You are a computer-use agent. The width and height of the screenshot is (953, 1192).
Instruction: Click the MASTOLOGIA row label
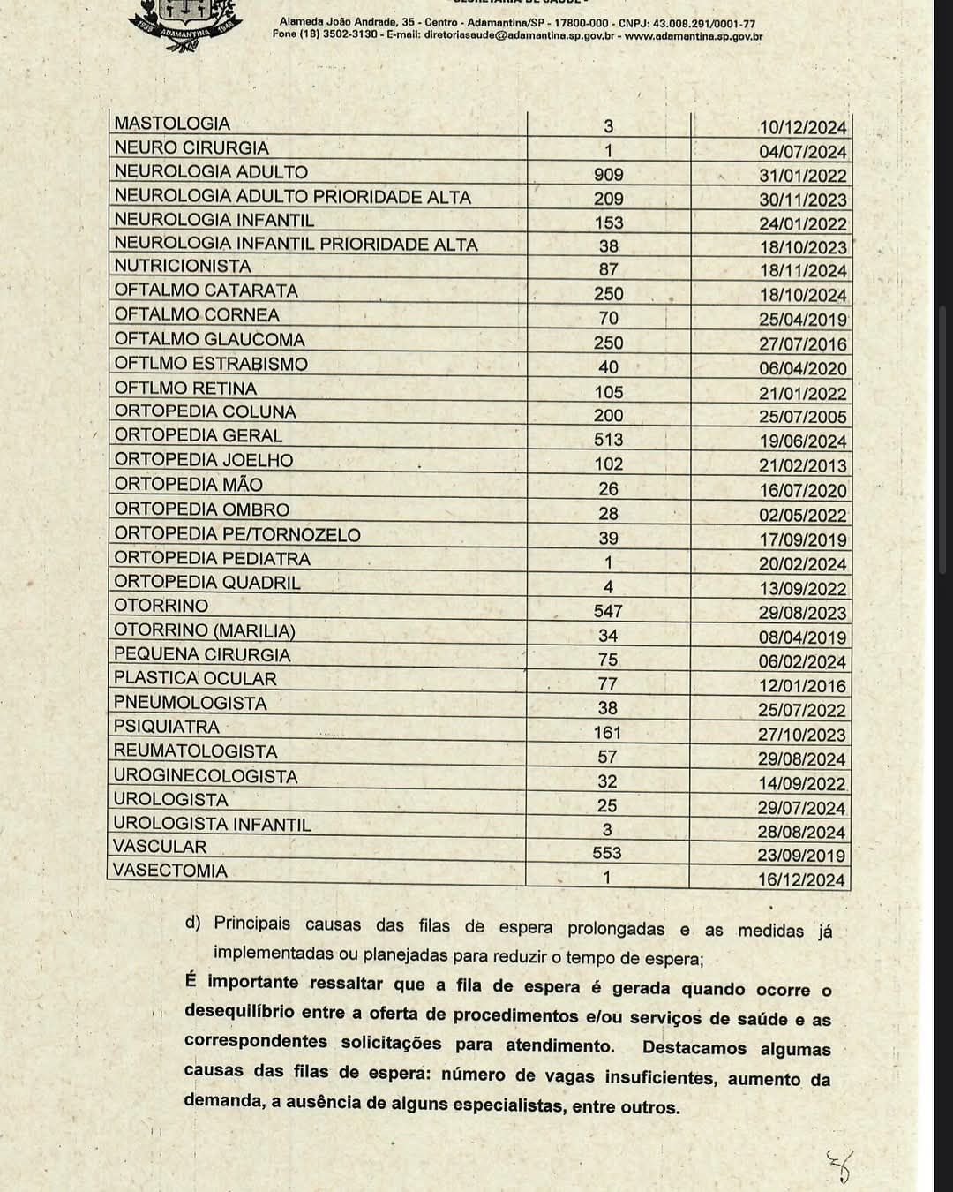[x=172, y=124]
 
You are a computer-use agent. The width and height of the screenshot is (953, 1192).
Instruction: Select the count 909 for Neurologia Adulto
[x=608, y=175]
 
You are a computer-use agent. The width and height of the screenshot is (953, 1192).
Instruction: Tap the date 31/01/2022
[x=802, y=176]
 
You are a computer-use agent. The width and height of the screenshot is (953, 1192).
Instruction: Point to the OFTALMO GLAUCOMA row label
[x=209, y=339]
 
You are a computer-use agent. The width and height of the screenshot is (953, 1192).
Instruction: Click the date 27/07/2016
[x=802, y=344]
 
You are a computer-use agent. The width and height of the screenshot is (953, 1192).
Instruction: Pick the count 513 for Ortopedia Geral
[x=608, y=440]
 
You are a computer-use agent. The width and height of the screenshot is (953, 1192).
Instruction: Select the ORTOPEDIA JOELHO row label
[x=203, y=460]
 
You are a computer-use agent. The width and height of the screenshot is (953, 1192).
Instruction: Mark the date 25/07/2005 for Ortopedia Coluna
[x=802, y=417]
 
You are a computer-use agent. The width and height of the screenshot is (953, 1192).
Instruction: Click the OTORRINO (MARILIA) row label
[x=204, y=630]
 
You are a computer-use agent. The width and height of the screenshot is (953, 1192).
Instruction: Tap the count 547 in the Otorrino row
[x=608, y=611]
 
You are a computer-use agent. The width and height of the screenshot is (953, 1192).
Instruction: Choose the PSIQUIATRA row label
[x=166, y=727]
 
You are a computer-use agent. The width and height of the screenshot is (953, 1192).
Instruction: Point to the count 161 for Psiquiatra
[x=607, y=733]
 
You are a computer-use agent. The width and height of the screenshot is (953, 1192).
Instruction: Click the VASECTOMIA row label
[x=170, y=871]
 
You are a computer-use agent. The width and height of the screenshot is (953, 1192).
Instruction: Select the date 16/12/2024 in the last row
[x=801, y=879]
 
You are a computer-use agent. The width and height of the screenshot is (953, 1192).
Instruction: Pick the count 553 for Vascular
[x=607, y=853]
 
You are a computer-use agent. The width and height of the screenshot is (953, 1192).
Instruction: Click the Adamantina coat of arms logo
[x=185, y=22]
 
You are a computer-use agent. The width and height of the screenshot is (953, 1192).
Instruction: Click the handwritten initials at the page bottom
[x=839, y=1166]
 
